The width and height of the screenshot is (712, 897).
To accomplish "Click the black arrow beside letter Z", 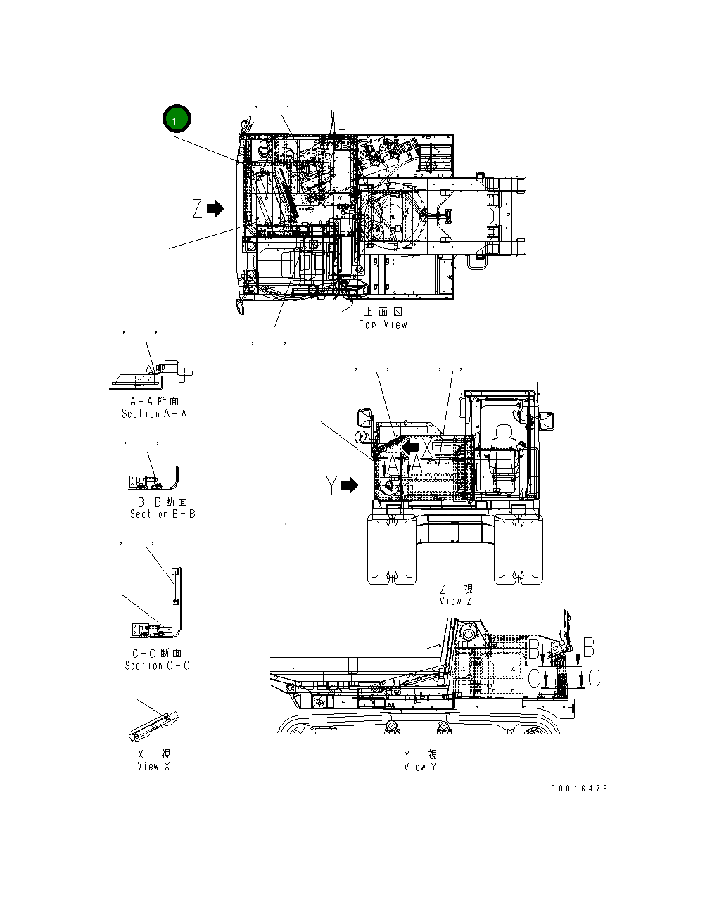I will coord(215,208).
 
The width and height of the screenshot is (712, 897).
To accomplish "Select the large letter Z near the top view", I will coord(197,208).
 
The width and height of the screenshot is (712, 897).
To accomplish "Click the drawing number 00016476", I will coord(579,789).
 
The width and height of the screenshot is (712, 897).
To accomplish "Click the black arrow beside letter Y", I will coord(350,485).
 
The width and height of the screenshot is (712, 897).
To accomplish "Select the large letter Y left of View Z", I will coord(331,485).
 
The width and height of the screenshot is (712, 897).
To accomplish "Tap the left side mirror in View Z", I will coord(366,418).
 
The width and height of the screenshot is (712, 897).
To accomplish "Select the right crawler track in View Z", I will coord(519,549).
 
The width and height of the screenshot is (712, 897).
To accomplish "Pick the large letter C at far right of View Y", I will coord(595,678).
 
